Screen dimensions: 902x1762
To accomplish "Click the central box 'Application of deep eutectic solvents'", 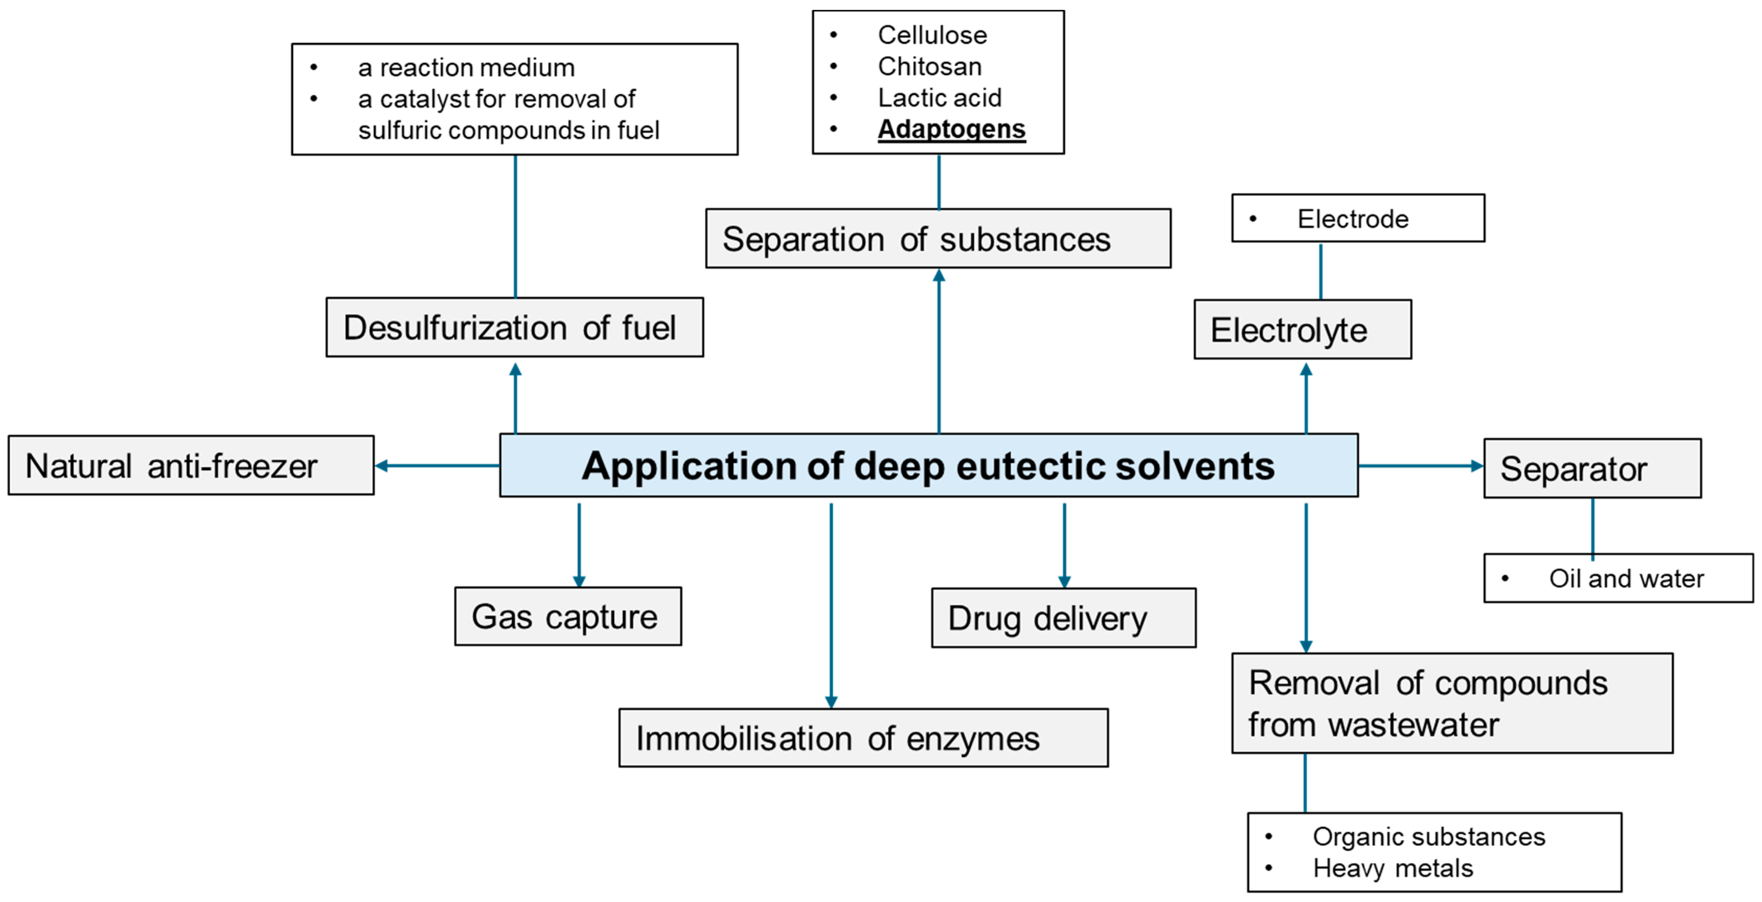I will point(928,465).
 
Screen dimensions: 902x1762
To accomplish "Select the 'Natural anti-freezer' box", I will point(191,465).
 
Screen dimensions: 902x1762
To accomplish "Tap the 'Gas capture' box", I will point(568,616).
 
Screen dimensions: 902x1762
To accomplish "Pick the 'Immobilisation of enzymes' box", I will point(863,738).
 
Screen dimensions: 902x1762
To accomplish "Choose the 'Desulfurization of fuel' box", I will point(514,327).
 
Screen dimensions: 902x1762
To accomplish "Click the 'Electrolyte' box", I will point(1302,329).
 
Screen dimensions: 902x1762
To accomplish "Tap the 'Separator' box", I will point(1592,468).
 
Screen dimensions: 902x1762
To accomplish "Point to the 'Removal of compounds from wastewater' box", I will point(1452,703).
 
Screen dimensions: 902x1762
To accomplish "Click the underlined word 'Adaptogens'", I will point(951,129).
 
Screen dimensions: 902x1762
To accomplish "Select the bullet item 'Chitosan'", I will point(929,66).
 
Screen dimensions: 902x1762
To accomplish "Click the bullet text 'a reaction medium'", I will point(466,68).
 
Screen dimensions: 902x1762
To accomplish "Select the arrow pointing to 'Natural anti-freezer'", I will point(438,465).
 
